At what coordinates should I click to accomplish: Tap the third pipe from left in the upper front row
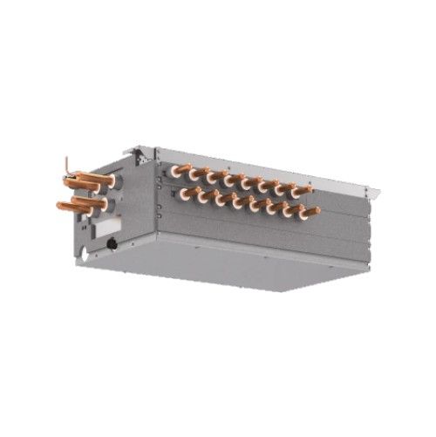click(x=215, y=177)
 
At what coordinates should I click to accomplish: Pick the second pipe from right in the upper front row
click(x=283, y=188)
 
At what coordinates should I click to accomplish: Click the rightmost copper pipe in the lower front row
click(x=310, y=212)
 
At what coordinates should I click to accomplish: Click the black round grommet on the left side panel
click(x=112, y=245)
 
